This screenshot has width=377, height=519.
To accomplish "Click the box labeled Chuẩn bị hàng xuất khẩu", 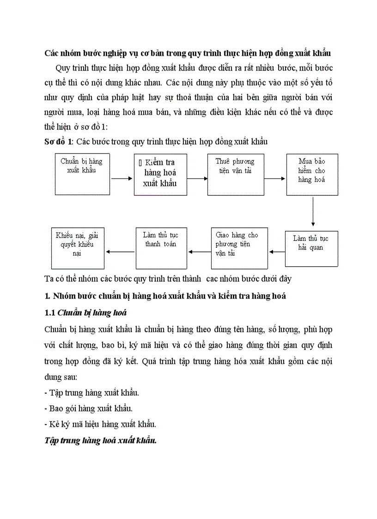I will click(82, 171).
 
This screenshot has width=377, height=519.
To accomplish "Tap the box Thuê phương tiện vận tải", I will click(235, 174).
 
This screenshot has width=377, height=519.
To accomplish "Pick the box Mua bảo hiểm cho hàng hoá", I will click(312, 174).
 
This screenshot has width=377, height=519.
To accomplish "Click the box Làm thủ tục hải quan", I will click(311, 249).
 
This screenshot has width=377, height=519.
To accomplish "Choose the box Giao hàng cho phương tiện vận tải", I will click(239, 248).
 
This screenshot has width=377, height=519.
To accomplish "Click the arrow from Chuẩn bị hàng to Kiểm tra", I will click(122, 178).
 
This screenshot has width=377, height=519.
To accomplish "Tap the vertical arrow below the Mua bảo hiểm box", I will click(313, 212).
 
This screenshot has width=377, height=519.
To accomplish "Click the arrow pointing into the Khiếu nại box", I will click(120, 252).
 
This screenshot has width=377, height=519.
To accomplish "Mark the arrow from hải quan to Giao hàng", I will click(276, 252).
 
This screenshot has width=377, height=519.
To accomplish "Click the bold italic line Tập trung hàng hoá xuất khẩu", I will click(101, 440).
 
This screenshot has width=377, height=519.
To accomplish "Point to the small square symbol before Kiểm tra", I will click(140, 163).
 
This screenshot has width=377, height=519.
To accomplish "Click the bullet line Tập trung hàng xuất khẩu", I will click(91, 392).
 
